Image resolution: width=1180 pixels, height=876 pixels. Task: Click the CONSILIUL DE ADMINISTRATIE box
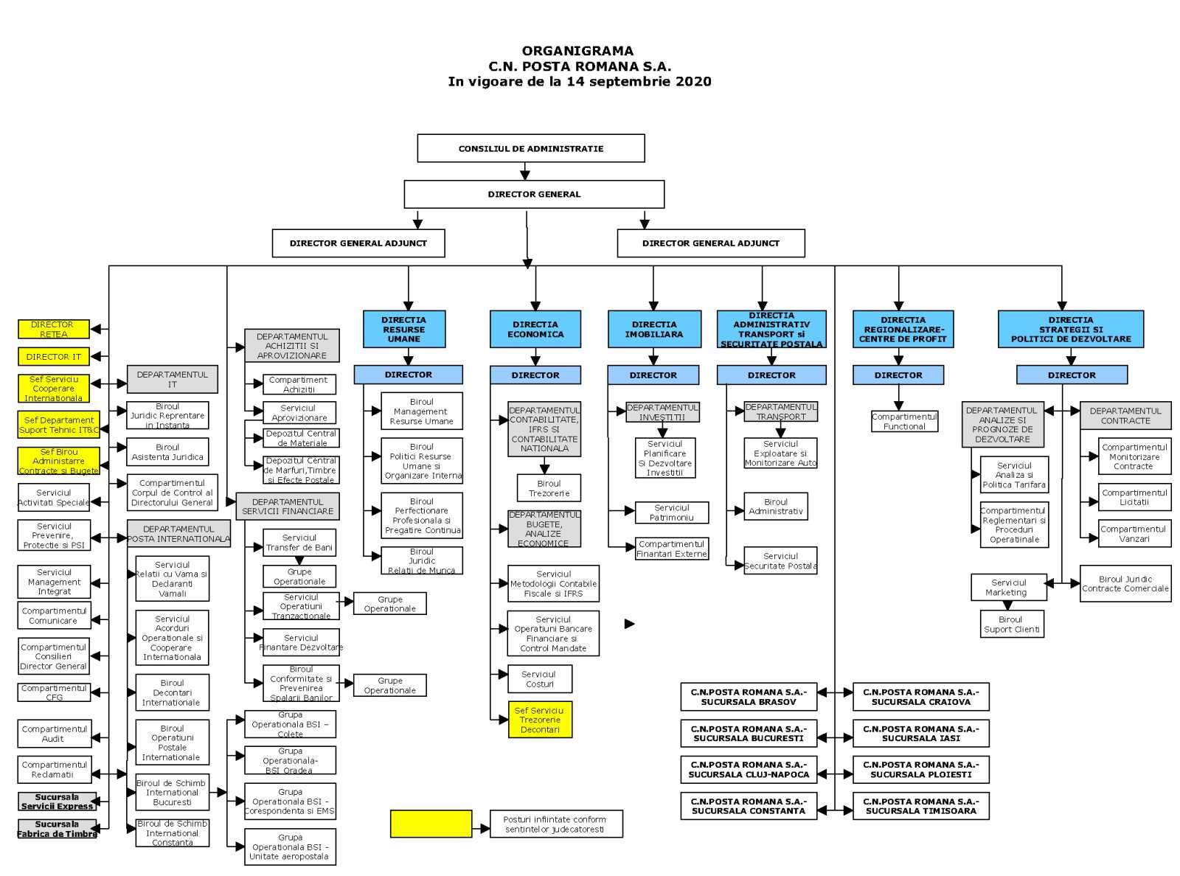coord(531,148)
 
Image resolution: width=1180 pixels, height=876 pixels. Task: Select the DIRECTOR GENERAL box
coord(534,194)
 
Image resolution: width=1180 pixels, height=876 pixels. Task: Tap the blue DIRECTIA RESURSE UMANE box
coord(404,329)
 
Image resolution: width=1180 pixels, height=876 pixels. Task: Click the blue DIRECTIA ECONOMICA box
coord(535,329)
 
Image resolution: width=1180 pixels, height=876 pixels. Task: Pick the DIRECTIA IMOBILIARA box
coord(654,329)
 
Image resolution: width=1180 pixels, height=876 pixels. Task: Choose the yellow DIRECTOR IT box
coord(54,357)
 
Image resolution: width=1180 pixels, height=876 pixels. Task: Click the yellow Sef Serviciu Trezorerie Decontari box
coord(540,720)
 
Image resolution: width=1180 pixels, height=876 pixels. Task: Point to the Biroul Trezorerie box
coord(549,488)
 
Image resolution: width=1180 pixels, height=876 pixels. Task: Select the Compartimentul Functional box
coord(904,421)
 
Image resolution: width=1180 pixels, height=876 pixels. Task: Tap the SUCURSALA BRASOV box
coord(749,697)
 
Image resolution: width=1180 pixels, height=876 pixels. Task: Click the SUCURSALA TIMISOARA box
coord(920,806)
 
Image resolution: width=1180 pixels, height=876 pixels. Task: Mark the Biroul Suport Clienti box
coord(1011,625)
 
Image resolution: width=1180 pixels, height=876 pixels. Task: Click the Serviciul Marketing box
coord(1008,587)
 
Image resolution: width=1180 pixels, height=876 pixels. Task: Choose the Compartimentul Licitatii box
coord(1134,497)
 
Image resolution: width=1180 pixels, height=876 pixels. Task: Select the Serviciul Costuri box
coord(539,679)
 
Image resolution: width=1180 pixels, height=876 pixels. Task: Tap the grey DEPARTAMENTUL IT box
coord(172,379)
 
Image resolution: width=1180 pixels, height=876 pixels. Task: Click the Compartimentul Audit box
coord(54,734)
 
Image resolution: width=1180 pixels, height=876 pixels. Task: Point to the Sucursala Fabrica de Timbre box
coord(57,829)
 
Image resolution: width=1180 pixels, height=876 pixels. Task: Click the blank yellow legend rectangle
coord(431,824)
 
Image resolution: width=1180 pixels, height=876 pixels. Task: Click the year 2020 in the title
coord(695,81)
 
